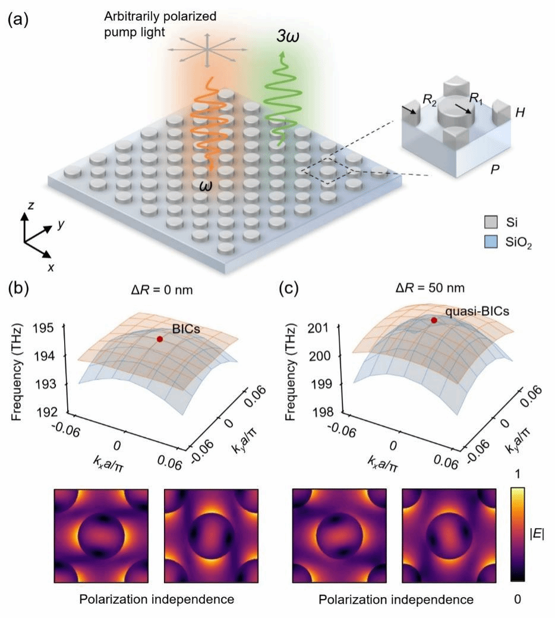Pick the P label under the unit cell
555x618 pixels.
[495, 170]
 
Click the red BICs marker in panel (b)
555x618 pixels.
[160, 339]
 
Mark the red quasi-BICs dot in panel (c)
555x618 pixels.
[434, 320]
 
